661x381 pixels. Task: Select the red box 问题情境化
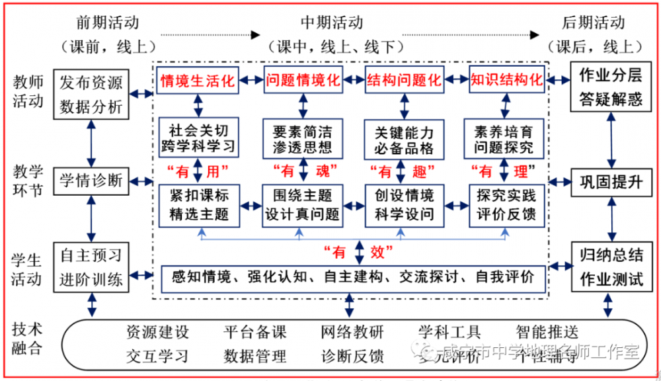click(x=303, y=80)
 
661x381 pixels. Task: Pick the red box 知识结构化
click(x=507, y=80)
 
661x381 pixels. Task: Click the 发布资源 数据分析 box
click(x=91, y=95)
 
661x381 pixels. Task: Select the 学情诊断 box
click(x=91, y=181)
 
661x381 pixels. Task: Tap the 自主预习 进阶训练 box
click(x=91, y=267)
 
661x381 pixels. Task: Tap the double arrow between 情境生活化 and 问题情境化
click(x=251, y=80)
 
